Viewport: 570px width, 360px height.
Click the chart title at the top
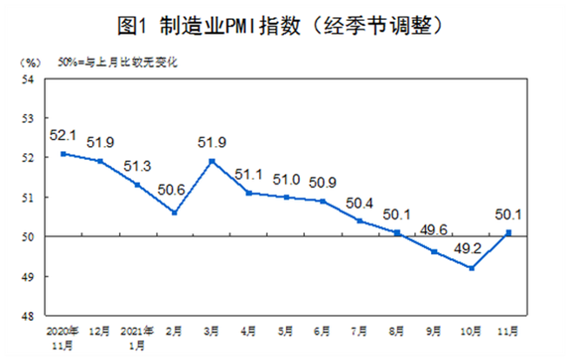coord(285,27)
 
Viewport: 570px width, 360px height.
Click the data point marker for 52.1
coord(63,154)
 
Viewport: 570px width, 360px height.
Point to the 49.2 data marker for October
coord(471,268)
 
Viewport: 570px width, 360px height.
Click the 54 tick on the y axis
coord(28,79)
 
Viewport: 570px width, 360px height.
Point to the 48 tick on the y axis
coord(28,317)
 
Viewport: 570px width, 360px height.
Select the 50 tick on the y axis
coord(28,237)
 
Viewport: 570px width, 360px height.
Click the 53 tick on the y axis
coord(28,118)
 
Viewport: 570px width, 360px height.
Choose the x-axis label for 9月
coord(434,331)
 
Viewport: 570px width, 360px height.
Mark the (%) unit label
coord(30,62)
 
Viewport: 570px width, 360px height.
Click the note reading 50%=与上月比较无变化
coord(110,62)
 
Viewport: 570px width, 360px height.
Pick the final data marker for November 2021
coord(508,232)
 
